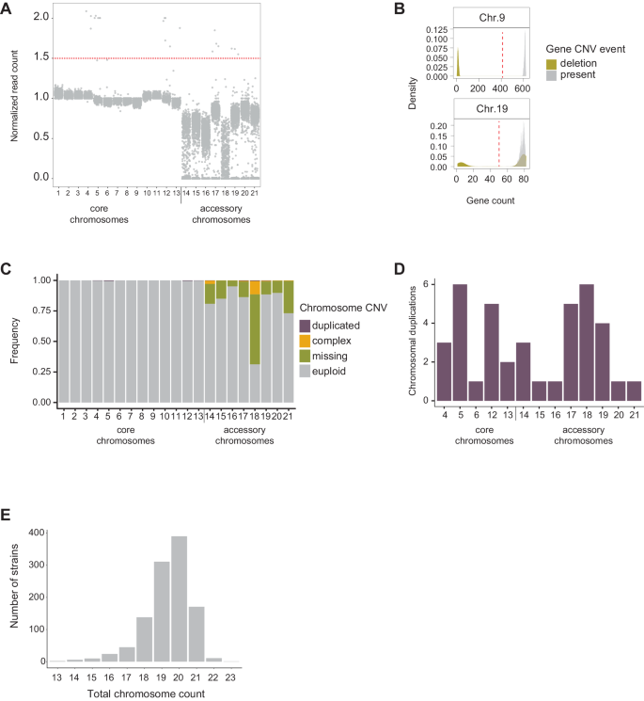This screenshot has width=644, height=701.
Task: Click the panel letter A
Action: point(8,10)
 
